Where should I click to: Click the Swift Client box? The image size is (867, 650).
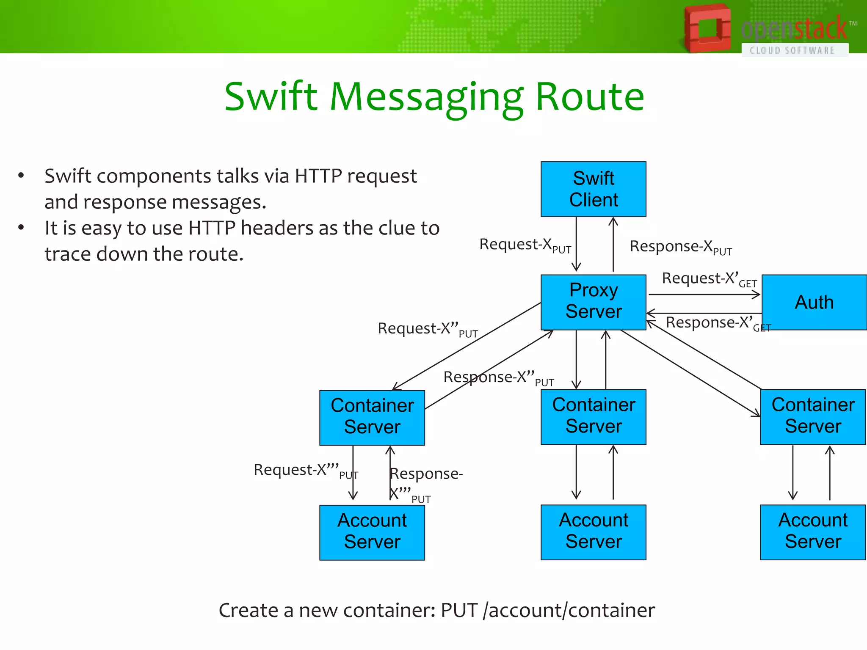(x=593, y=189)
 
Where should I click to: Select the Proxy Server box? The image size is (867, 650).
(x=593, y=302)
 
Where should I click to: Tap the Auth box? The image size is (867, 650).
(x=814, y=302)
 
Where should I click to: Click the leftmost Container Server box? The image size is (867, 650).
(x=372, y=417)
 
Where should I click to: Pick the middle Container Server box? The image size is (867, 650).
(x=593, y=416)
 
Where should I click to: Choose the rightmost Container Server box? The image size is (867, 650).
(x=812, y=416)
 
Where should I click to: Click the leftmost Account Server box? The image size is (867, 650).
(x=372, y=532)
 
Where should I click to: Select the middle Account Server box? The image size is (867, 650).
(x=593, y=532)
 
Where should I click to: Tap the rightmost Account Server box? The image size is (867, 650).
(x=812, y=532)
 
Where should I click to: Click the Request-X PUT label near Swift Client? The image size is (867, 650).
(x=525, y=245)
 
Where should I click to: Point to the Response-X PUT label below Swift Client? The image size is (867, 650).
(x=680, y=247)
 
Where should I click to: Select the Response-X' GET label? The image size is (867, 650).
(x=718, y=323)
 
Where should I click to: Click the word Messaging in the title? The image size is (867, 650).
(x=427, y=98)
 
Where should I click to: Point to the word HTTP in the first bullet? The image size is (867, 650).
(x=320, y=176)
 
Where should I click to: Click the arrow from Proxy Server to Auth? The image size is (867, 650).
(x=704, y=295)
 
